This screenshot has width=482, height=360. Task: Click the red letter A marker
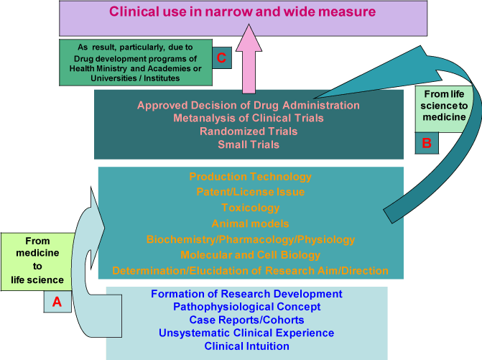click(x=57, y=303)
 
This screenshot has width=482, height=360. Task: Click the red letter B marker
click(x=426, y=143)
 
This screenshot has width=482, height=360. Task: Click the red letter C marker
click(x=222, y=59)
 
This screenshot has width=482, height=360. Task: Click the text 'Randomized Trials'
click(x=249, y=131)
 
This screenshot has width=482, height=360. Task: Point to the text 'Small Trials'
click(x=249, y=144)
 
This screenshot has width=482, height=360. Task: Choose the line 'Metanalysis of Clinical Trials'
click(x=249, y=118)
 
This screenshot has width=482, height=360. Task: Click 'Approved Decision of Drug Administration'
click(x=249, y=105)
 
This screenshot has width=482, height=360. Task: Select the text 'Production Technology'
click(x=250, y=177)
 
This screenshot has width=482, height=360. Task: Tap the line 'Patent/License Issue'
click(x=250, y=192)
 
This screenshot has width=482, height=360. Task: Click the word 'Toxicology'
click(x=250, y=208)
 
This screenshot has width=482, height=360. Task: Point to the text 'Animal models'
click(x=250, y=223)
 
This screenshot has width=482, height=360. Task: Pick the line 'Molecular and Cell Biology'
click(x=250, y=255)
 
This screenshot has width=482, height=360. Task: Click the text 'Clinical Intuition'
click(x=247, y=346)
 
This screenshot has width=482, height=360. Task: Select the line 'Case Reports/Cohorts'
click(x=247, y=320)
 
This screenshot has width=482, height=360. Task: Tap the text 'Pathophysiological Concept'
click(x=247, y=307)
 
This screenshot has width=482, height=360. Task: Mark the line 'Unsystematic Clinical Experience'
click(x=247, y=333)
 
